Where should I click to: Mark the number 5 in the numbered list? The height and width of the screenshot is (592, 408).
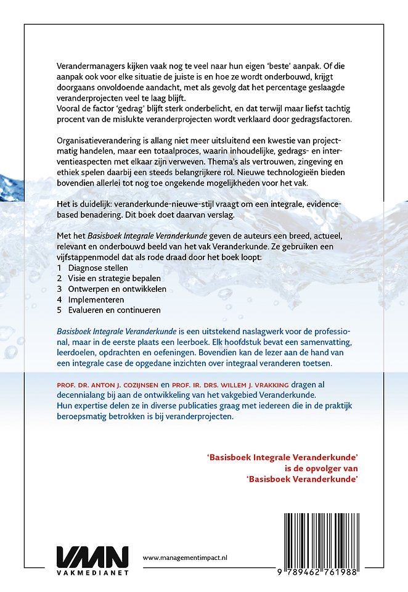59,310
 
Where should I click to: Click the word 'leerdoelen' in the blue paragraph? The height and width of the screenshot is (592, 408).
77,354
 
